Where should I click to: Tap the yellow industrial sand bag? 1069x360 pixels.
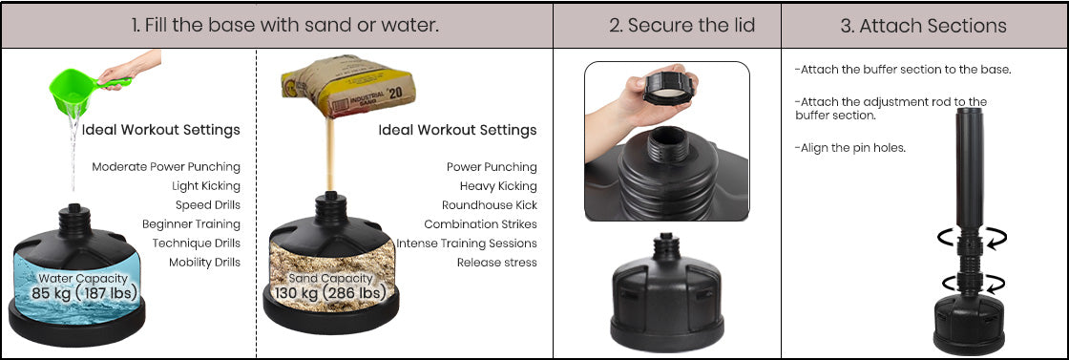point(347,85)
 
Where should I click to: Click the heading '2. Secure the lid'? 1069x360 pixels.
point(682,26)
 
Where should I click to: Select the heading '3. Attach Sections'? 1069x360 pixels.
point(923,26)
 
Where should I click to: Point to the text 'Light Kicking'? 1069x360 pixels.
point(206,186)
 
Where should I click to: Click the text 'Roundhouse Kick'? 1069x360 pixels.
point(490,205)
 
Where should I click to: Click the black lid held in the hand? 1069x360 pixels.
point(668,89)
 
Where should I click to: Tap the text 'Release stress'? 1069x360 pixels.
point(497,263)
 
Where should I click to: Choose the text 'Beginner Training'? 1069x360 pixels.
point(191,224)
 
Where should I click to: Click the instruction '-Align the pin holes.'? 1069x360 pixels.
point(850,148)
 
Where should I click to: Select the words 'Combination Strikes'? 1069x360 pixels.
point(481,224)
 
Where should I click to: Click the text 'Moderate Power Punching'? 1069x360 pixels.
point(166,167)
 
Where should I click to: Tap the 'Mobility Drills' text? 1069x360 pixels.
point(204,263)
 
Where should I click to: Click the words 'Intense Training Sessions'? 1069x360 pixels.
point(467,244)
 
